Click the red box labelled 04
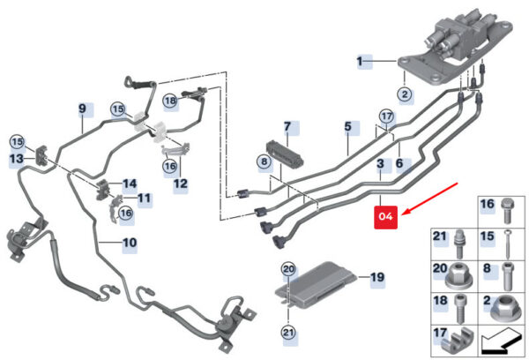(x=386, y=215)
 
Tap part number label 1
(x=360, y=61)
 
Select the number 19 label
(x=377, y=278)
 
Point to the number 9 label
(x=82, y=109)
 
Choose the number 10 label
(x=129, y=242)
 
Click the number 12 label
(x=180, y=184)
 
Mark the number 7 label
(x=287, y=128)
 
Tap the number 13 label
(x=16, y=158)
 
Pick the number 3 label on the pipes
(x=380, y=165)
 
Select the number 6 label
(x=399, y=163)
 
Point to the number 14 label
(x=130, y=184)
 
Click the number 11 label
(x=144, y=198)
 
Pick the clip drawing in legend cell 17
(x=460, y=340)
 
